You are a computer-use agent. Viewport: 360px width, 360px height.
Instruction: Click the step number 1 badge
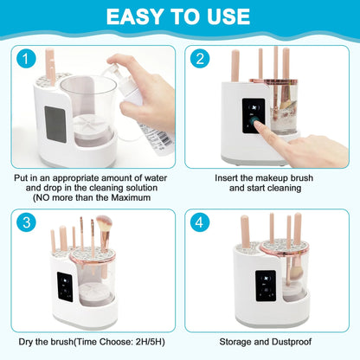[x=27, y=61]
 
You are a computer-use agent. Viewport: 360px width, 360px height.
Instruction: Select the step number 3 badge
[x=27, y=222]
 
